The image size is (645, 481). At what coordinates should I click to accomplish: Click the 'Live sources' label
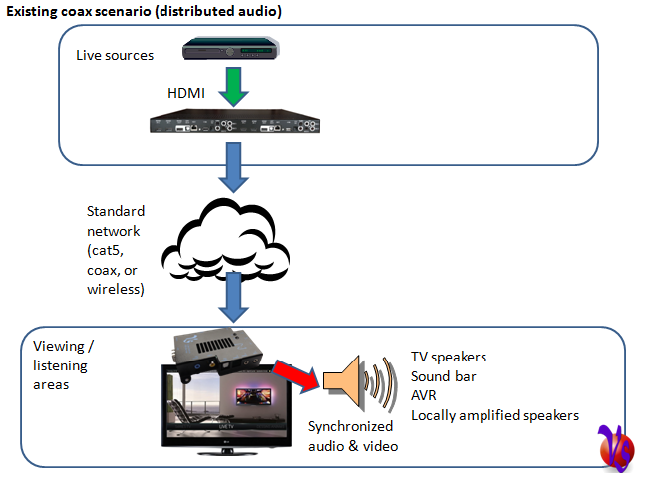click(115, 54)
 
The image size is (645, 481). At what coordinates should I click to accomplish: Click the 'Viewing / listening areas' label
click(61, 364)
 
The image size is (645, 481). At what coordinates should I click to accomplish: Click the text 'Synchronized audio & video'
click(352, 437)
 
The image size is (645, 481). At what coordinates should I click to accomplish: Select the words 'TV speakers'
click(450, 358)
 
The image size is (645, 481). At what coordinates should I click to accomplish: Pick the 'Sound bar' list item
click(444, 376)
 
